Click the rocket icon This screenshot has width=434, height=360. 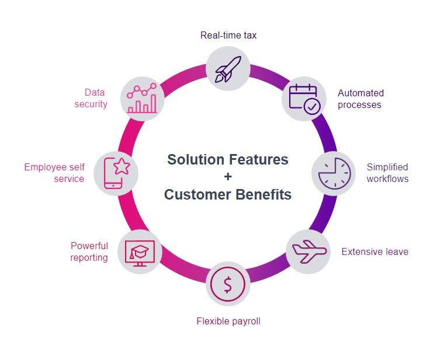coord(228,69)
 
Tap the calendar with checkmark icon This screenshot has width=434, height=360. coord(304,99)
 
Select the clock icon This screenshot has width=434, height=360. coord(334,173)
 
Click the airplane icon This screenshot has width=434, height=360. coord(309,251)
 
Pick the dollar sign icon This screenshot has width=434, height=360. coord(228,284)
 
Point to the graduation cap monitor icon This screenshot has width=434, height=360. coord(140,253)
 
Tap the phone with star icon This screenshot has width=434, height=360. coord(116,173)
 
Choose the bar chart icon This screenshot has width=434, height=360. coord(142,98)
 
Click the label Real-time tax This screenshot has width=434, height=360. coord(228,36)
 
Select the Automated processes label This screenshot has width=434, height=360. coord(360,99)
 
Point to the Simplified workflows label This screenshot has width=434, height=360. coord(387,173)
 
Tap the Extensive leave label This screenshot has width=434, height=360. coord(375,251)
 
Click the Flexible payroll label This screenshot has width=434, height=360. coord(228,321)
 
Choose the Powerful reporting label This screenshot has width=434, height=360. coord(89,251)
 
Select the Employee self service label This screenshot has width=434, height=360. coord(54,173)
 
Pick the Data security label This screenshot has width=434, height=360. coord(91,98)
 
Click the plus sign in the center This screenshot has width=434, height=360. coord(228,176)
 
